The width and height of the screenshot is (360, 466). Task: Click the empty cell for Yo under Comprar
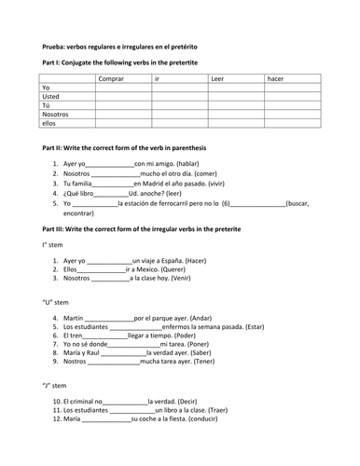coord(124,89)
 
